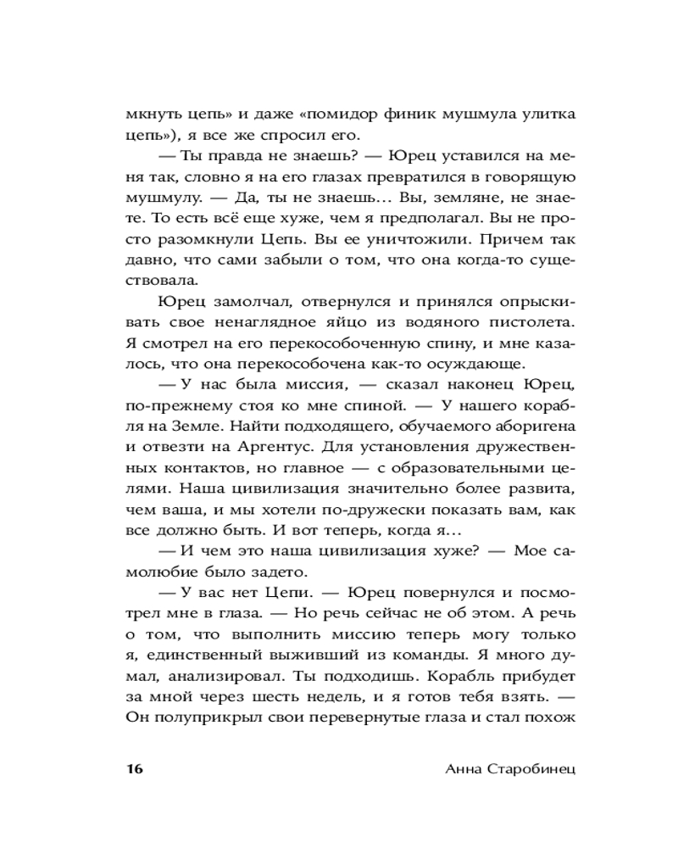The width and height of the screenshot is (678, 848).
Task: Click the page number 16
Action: click(134, 768)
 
